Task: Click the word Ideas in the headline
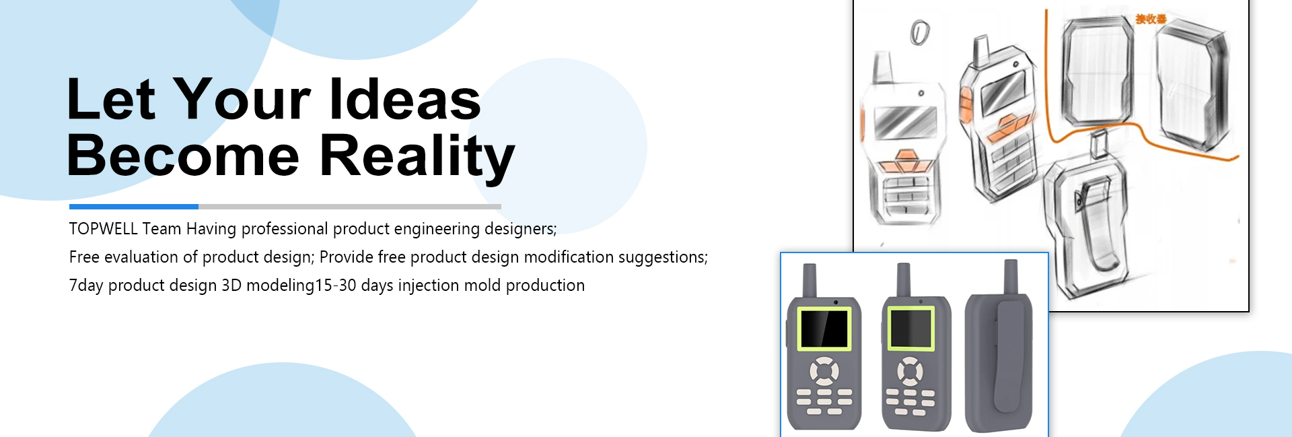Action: click(405, 99)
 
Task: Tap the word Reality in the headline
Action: click(417, 156)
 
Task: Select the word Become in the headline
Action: click(183, 156)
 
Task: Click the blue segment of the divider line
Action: click(134, 207)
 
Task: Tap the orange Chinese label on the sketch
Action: click(1151, 19)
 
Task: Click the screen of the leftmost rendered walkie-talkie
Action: click(824, 329)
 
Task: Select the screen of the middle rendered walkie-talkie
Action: click(910, 329)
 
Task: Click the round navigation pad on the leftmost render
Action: click(824, 371)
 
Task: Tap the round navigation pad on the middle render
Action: click(910, 371)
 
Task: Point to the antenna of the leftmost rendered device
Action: click(810, 280)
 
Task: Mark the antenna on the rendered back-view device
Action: click(1010, 277)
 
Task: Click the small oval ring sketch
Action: click(920, 32)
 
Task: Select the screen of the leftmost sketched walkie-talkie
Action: click(905, 121)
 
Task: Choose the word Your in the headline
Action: click(242, 99)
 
